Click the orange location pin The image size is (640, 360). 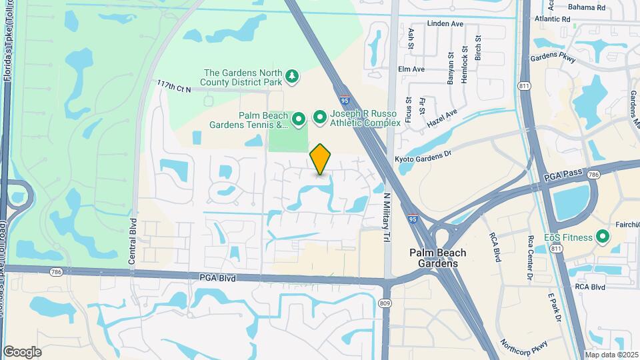point(321,159)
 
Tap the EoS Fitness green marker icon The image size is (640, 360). point(603,237)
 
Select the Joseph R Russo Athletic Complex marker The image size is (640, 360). point(320,118)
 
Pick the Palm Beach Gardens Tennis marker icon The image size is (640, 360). point(299,119)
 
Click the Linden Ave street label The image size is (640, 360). point(446,24)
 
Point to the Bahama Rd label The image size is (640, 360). point(587,8)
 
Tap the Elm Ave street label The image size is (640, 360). point(411,69)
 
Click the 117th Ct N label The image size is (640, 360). point(174,86)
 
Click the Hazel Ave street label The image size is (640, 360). point(443,119)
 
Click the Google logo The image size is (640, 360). point(22,352)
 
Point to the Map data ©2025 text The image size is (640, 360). point(611,355)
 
